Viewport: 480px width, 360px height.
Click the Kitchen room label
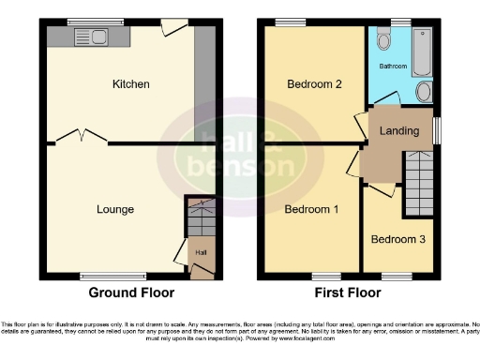tap(130, 84)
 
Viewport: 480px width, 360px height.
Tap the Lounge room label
tap(114, 209)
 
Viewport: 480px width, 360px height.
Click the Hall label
tap(201, 252)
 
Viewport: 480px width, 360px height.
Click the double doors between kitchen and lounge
tap(82, 138)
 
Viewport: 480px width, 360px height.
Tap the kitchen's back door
tap(172, 27)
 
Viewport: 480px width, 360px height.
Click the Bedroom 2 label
tap(313, 84)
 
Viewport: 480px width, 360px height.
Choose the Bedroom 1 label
tap(311, 209)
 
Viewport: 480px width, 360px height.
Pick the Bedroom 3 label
tap(397, 239)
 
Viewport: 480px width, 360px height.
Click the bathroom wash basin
tap(424, 91)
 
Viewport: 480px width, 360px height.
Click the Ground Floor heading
tap(130, 292)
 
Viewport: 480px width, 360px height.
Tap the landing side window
tap(438, 130)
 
